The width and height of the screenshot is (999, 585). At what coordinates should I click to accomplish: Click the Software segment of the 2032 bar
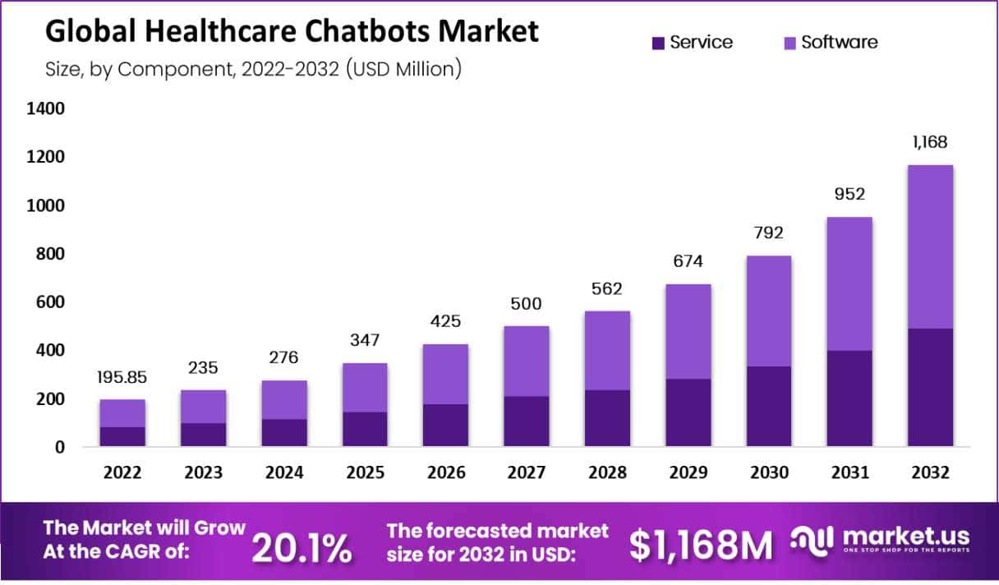tap(930, 246)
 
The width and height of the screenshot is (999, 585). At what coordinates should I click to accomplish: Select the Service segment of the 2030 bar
tap(768, 406)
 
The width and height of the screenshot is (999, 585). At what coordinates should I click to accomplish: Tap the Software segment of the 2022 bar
tap(122, 413)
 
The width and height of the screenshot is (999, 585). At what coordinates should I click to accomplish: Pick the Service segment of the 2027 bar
tap(526, 421)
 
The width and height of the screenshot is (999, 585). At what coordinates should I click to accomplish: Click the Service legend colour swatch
tap(658, 43)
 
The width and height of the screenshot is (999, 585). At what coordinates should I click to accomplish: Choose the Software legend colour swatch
tap(790, 43)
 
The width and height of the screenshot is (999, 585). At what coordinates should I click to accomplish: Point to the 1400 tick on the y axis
tap(47, 108)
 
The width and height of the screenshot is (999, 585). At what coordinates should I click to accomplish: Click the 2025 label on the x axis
tap(366, 473)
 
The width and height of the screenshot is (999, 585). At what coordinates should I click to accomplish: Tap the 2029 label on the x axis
tap(688, 473)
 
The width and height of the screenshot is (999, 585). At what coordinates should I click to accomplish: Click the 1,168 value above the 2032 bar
tap(930, 142)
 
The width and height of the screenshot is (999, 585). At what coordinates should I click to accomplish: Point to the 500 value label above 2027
tap(526, 304)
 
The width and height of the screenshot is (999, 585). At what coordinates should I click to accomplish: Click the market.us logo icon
tap(813, 540)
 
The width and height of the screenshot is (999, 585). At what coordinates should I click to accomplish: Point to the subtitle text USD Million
tap(403, 69)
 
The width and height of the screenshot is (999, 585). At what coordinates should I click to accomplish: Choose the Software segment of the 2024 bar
tap(284, 399)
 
